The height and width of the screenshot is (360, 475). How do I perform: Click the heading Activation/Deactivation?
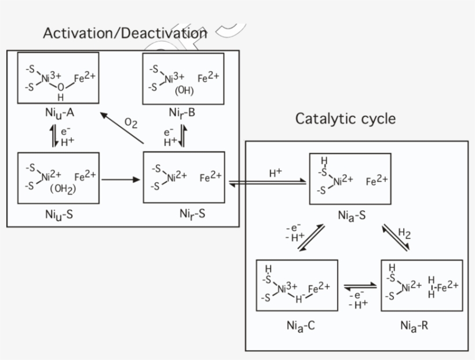click(x=125, y=33)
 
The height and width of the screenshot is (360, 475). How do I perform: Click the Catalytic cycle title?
click(x=345, y=119)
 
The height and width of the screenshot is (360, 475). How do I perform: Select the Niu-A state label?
click(x=60, y=112)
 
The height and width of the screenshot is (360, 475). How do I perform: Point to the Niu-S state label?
click(x=59, y=214)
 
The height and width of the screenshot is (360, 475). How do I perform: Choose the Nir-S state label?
click(x=192, y=214)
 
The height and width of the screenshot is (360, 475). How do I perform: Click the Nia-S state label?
click(x=352, y=215)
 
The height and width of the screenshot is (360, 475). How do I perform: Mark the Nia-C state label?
click(x=300, y=325)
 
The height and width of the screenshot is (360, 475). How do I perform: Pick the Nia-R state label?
click(x=414, y=325)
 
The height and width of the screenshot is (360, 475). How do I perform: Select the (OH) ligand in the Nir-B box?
click(x=184, y=91)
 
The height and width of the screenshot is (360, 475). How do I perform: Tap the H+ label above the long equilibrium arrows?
click(x=276, y=173)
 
